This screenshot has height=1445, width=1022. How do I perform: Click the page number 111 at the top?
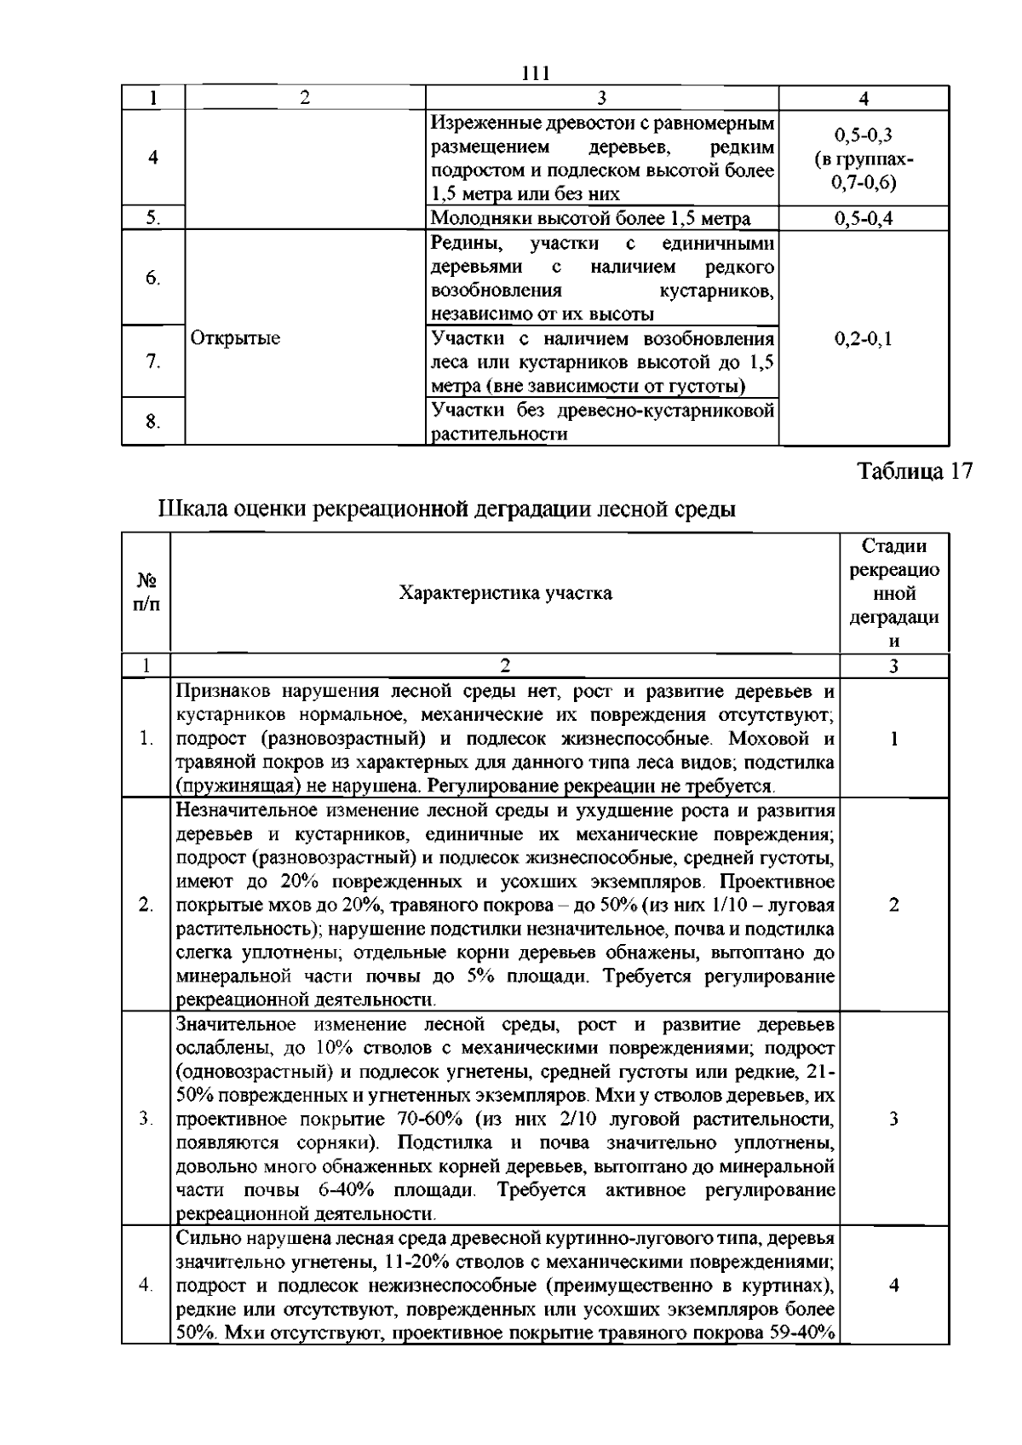pos(536,73)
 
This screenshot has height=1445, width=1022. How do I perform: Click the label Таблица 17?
pos(913,473)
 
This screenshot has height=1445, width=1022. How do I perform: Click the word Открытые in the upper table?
pos(235,339)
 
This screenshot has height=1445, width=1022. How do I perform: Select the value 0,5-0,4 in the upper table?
pos(864,219)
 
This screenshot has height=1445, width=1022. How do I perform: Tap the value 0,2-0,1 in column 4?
pos(864,339)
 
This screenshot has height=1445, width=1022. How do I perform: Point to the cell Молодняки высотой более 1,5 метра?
pos(591,219)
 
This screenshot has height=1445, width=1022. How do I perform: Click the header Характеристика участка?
pos(505,593)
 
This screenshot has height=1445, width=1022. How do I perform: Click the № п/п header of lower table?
pos(146,592)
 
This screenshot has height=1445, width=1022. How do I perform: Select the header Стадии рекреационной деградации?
pos(894,592)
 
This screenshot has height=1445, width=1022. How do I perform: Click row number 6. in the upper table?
pos(152,279)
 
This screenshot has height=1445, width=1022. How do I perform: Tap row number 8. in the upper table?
pos(152,422)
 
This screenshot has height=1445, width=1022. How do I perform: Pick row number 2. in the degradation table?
pos(146,905)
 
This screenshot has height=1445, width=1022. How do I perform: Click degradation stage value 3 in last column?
pos(893,1119)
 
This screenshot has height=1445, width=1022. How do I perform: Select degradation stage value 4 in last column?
pos(893,1285)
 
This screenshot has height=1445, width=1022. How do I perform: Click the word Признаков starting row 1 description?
pos(222,690)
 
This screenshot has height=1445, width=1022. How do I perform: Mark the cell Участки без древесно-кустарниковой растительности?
pos(602,422)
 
